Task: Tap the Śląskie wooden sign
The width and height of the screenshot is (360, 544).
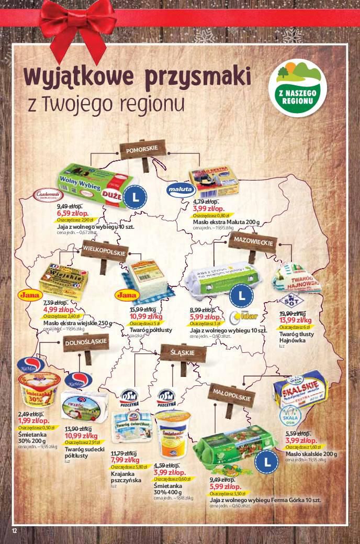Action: (183, 352)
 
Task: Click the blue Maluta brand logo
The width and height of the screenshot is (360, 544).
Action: (179, 189)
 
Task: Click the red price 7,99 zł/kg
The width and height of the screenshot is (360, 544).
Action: (124, 460)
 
